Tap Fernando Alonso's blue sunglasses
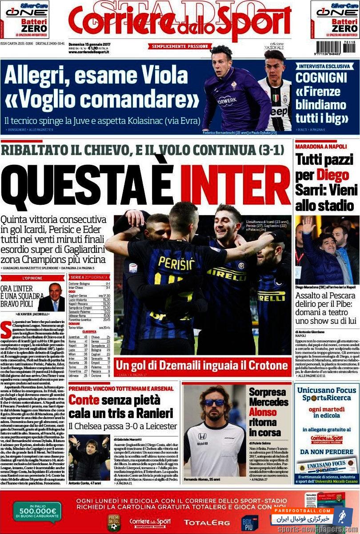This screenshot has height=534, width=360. click(214, 403)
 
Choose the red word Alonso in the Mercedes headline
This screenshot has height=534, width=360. click(263, 412)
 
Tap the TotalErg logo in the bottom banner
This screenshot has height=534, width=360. click(207, 522)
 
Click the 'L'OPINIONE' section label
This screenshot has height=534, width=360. click(32, 278)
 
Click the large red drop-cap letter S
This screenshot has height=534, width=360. click(6, 329)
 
